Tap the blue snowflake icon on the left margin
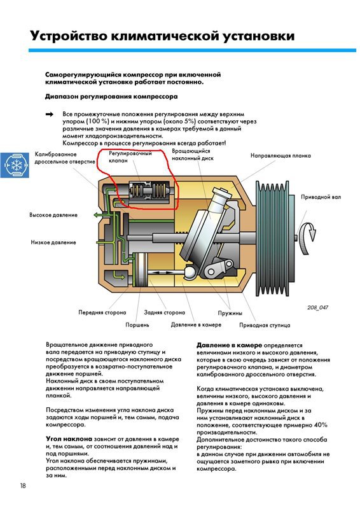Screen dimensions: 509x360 [14, 167]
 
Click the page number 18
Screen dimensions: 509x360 [23, 487]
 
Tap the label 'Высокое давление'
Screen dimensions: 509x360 [53, 215]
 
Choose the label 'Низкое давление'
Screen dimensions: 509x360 [53, 242]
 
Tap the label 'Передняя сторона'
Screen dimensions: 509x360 [102, 313]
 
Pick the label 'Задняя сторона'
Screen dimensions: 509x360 [165, 313]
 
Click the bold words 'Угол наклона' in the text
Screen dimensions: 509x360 [70, 439]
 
